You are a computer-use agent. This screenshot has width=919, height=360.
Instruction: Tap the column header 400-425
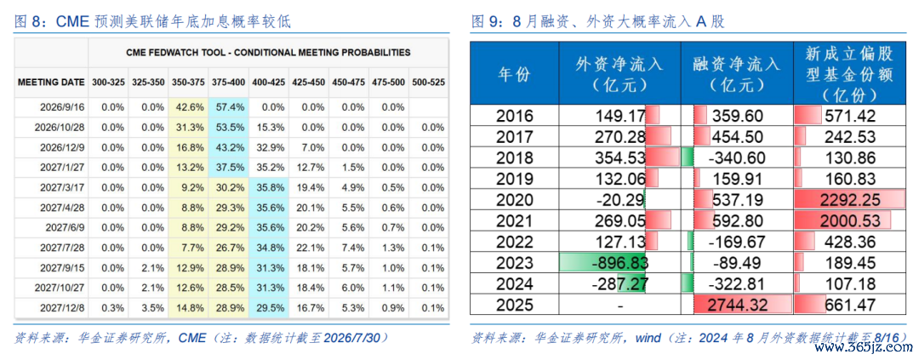click(x=269, y=83)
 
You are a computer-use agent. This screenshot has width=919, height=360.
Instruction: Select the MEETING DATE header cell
click(x=51, y=83)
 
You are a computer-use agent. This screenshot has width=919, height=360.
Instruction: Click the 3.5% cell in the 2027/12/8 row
click(x=148, y=307)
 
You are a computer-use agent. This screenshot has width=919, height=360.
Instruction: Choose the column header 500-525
click(x=427, y=83)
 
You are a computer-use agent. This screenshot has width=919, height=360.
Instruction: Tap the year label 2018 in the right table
click(x=514, y=157)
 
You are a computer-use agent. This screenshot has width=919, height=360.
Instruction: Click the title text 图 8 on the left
click(x=29, y=22)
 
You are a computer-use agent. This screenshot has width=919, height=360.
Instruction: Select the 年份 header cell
click(x=514, y=74)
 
